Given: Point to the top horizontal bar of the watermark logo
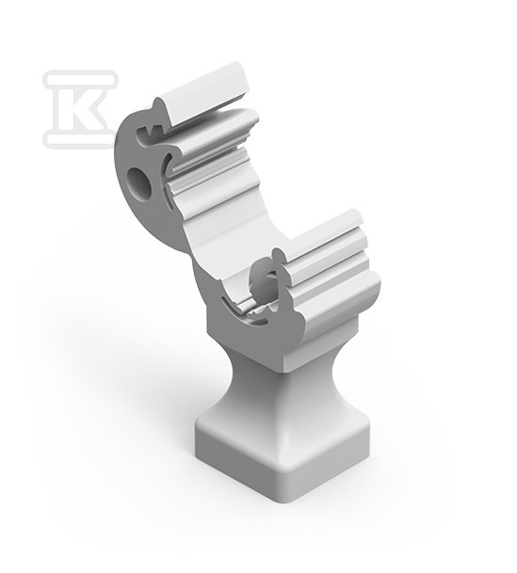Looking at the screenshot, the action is click(80, 78).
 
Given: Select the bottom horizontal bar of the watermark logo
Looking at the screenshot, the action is click(79, 139).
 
